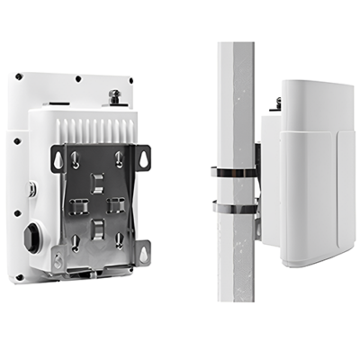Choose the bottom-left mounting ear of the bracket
pos(59,260)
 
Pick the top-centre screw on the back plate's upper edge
pos(79,78)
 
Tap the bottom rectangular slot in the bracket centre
pos(98,224)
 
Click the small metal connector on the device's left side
pos(33,191)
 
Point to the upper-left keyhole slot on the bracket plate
pos(76,160)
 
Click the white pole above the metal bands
pos(236,99)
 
